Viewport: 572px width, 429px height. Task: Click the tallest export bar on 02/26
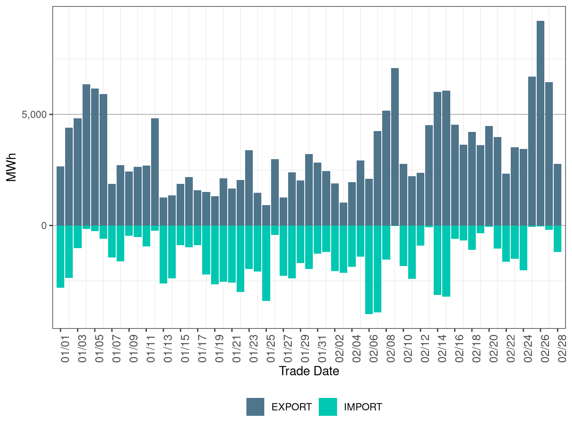click(541, 123)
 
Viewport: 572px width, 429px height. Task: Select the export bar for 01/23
click(249, 188)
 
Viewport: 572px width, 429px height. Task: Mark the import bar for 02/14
click(438, 260)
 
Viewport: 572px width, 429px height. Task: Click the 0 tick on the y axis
click(44, 226)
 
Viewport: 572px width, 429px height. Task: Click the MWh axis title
click(12, 167)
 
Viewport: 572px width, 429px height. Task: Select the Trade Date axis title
click(309, 371)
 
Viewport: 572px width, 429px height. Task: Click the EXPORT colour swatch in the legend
click(255, 407)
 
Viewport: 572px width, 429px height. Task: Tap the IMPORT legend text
click(363, 407)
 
